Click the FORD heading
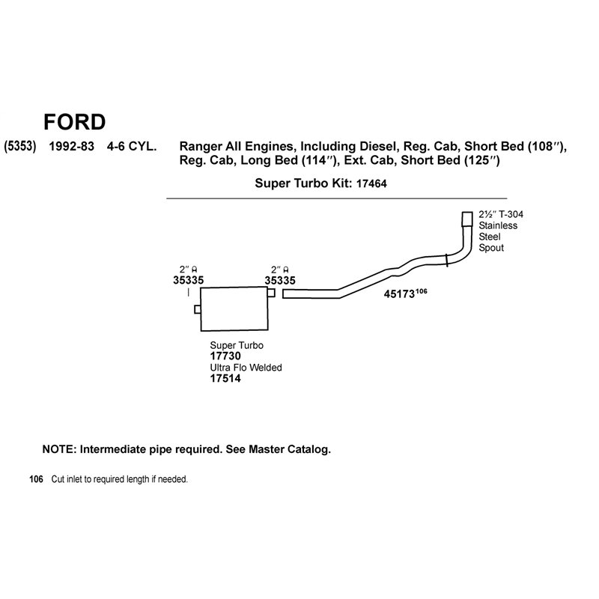click(x=74, y=122)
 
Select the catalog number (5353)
click(x=20, y=146)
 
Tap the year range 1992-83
click(x=71, y=146)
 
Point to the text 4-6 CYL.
click(x=132, y=146)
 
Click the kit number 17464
click(x=371, y=183)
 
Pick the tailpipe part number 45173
click(x=399, y=294)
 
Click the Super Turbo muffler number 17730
click(x=225, y=356)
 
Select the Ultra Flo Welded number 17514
click(x=225, y=379)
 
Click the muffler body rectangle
click(x=234, y=308)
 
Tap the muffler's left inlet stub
click(x=198, y=309)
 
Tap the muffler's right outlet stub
click(x=271, y=293)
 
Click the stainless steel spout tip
click(x=467, y=219)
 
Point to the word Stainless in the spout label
click(x=498, y=225)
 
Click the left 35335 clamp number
click(x=189, y=280)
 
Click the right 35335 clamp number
click(x=280, y=281)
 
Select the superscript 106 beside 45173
click(x=421, y=291)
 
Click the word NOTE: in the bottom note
click(x=60, y=449)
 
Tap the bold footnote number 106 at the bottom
click(x=36, y=479)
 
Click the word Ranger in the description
click(x=201, y=147)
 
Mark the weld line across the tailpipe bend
click(x=446, y=260)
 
